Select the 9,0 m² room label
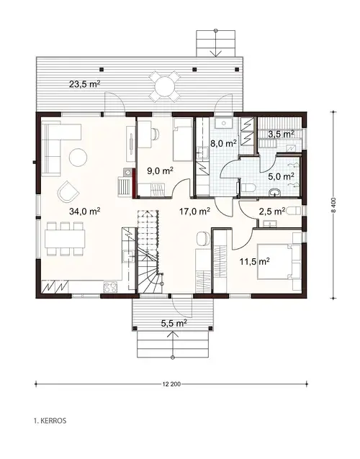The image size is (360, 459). point(160,171)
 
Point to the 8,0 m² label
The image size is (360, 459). point(223,143)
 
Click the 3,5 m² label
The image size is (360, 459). point(281,134)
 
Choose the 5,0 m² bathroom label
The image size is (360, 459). point(281,176)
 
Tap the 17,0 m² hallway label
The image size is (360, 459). point(194,212)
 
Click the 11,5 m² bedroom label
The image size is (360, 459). point(253,262)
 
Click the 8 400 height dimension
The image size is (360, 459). point(333,206)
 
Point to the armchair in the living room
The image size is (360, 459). point(69,191)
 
